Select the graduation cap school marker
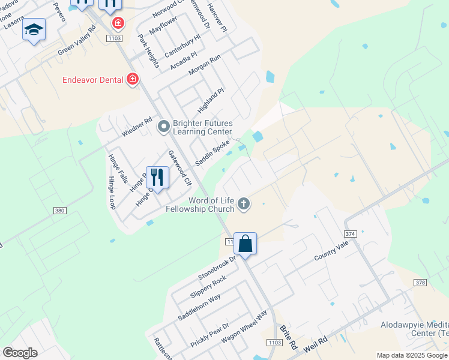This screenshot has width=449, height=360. [34, 29]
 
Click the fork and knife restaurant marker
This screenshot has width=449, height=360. [157, 177]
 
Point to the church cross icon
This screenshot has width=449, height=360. [244, 204]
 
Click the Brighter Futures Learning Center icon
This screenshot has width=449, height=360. [163, 127]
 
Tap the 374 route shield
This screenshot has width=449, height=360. [351, 233]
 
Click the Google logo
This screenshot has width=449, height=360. [20, 353]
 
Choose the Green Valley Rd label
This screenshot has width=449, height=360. [77, 41]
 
